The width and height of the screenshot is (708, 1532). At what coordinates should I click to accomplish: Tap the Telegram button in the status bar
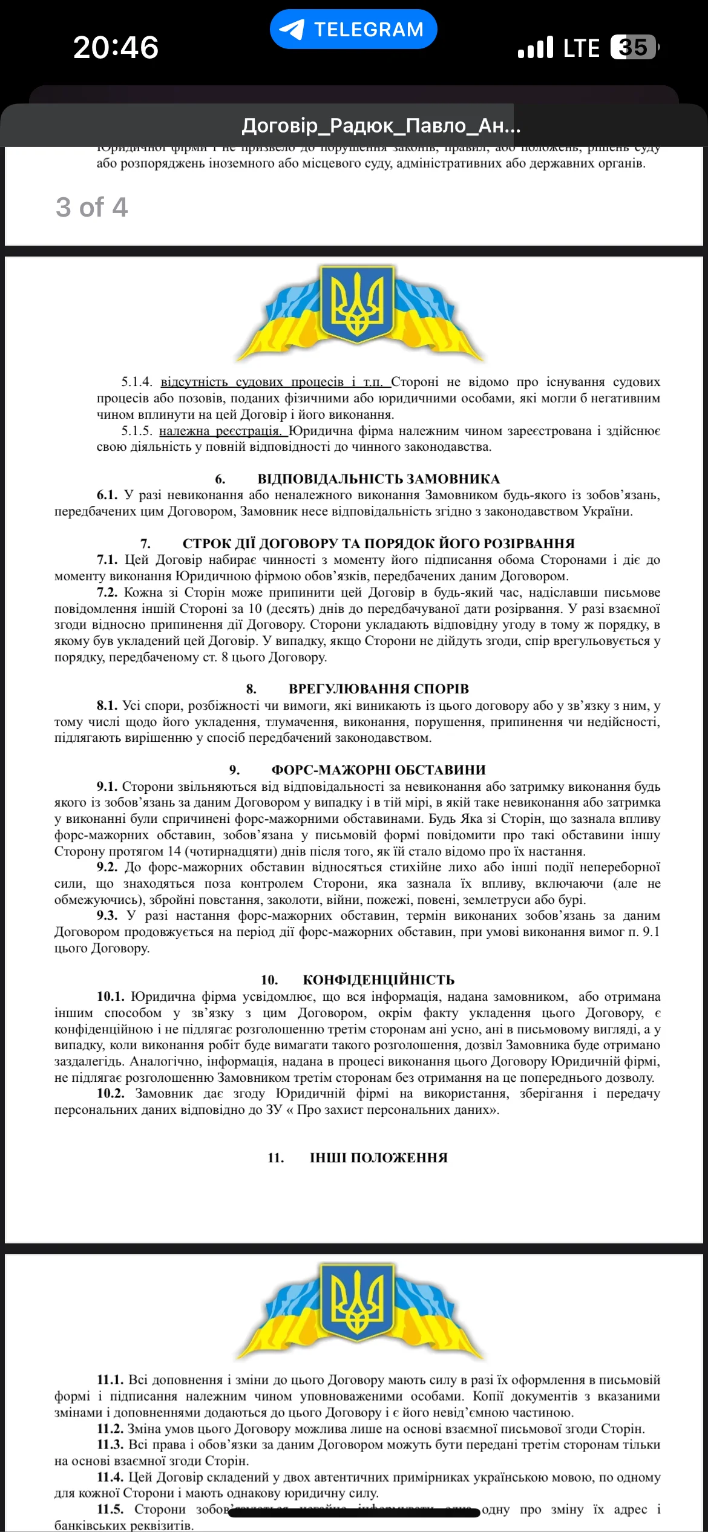(353, 29)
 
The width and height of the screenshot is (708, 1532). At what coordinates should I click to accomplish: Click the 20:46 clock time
(116, 47)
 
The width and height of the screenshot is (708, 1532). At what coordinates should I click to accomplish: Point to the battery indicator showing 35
(634, 47)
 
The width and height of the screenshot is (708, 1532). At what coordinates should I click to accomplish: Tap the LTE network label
(581, 48)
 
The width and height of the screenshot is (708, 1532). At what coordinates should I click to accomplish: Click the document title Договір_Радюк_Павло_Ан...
(381, 126)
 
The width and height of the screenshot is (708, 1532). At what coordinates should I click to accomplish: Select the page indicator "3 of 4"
(92, 207)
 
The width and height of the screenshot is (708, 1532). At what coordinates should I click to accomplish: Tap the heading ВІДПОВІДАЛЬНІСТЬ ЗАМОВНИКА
(378, 479)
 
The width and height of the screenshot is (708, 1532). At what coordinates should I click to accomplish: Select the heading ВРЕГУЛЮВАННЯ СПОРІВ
(378, 689)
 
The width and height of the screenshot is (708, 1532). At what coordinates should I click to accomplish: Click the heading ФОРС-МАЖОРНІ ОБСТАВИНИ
(378, 770)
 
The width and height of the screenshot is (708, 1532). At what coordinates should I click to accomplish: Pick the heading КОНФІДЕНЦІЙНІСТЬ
(378, 980)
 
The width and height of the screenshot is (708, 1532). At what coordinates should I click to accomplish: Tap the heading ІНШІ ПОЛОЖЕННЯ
(378, 1157)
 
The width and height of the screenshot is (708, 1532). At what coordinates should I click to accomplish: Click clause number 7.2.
(107, 592)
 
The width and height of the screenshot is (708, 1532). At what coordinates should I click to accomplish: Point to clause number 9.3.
(107, 915)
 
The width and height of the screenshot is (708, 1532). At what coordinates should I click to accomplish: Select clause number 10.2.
(111, 1093)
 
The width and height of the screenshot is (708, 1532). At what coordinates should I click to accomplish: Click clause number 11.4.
(110, 1477)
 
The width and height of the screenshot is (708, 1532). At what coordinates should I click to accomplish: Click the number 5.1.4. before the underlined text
(137, 382)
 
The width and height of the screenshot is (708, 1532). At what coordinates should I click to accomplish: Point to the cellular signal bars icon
(536, 48)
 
